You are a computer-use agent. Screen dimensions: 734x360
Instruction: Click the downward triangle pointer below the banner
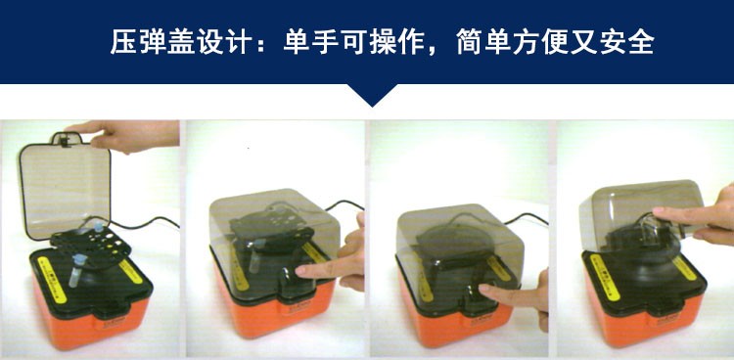373,95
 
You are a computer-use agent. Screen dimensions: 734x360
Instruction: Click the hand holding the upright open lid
126,135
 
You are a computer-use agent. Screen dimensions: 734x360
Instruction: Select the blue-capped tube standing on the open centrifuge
76,270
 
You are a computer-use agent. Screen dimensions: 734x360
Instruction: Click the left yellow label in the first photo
51,279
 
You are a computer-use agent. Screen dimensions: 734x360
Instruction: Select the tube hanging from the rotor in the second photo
256,256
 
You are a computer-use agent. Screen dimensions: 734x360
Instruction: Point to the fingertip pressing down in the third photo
485,291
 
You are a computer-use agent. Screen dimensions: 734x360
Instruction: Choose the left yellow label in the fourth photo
605,277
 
